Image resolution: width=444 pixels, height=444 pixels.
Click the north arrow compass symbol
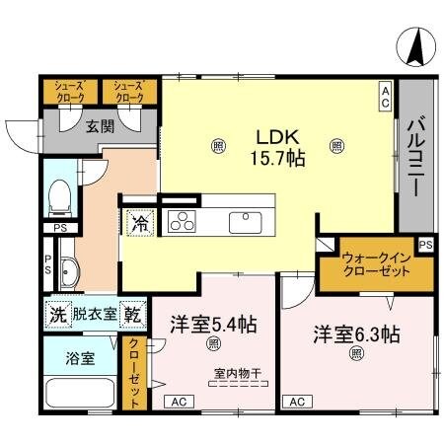coord(415,43)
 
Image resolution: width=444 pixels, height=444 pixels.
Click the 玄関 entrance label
coord(99,125)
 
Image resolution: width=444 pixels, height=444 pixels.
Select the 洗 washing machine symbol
coord(57,315)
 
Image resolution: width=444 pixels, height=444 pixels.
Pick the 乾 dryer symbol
coord(132,315)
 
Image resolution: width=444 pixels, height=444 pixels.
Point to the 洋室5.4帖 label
coord(213,324)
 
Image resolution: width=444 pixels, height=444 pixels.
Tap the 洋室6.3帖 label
coord(356,333)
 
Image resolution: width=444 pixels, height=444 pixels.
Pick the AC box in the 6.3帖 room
coord(297,403)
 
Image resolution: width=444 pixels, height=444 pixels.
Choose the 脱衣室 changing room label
coord(95,315)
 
